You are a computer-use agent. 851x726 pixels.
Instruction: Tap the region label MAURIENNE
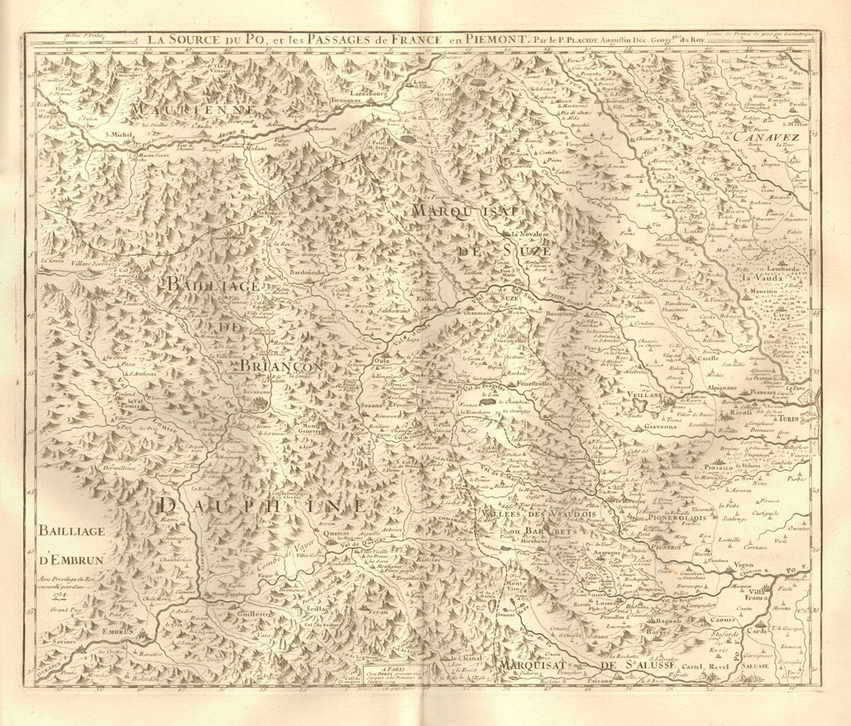pyautogui.click(x=182, y=111)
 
